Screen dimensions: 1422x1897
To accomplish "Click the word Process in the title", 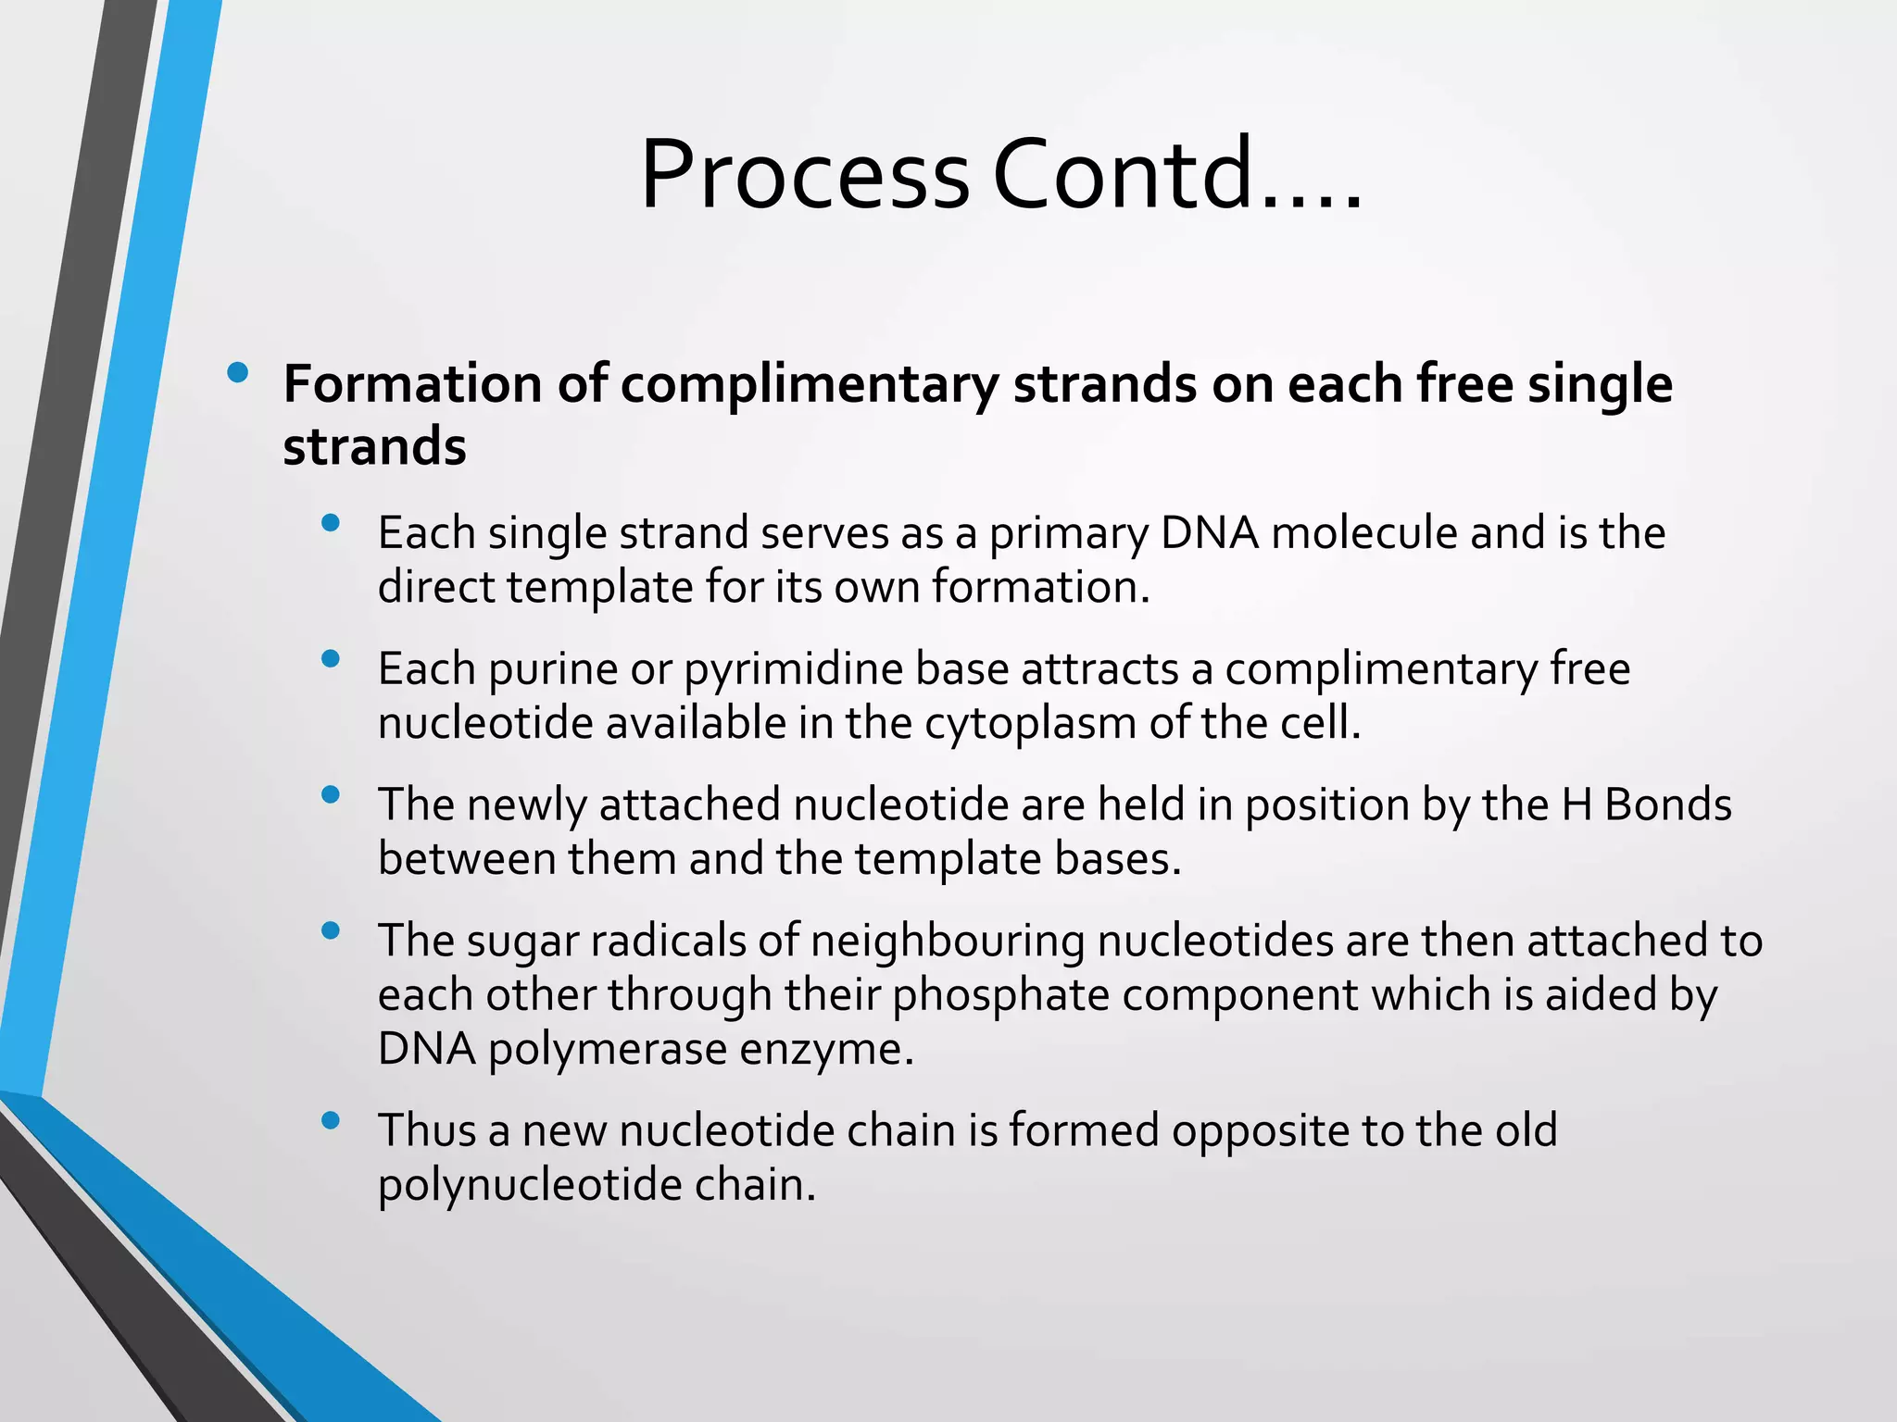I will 804,174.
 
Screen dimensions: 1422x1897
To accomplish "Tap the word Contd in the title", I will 1122,174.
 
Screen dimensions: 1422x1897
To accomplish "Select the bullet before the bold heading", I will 237,373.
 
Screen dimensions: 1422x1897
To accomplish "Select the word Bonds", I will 1667,804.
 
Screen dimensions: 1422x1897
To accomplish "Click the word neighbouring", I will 948,941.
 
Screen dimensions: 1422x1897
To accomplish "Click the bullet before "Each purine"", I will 331,659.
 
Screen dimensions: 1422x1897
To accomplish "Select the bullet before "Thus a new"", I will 331,1121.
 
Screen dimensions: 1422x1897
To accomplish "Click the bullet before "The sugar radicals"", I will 331,931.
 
